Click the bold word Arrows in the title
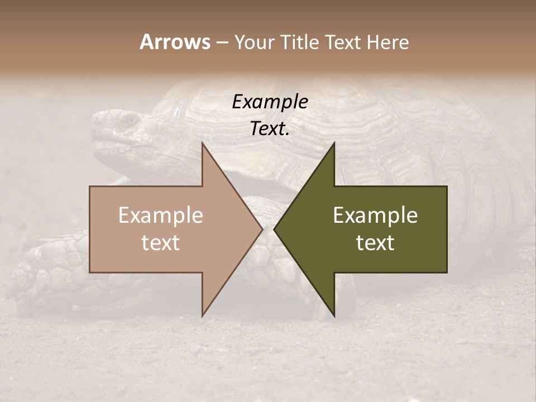(x=175, y=42)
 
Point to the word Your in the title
(x=252, y=42)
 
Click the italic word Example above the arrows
(x=270, y=102)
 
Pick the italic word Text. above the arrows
(x=270, y=129)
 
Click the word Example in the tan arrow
(x=160, y=216)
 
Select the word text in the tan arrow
(x=160, y=243)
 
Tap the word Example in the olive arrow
(x=375, y=216)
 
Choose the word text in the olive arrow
(x=375, y=243)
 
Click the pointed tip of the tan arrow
(x=262, y=229)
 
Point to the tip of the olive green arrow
(x=275, y=229)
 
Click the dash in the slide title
(x=222, y=42)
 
